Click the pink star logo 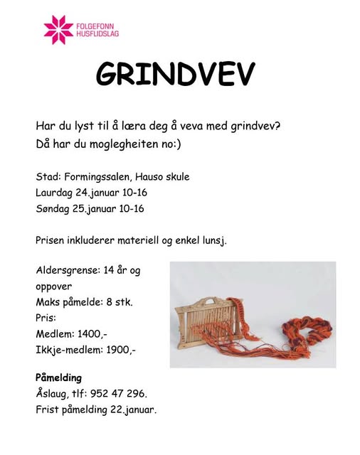58,28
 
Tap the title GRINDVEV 175,74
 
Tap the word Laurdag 54,193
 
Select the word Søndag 52,209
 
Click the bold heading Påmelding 58,378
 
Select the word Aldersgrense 68,270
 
